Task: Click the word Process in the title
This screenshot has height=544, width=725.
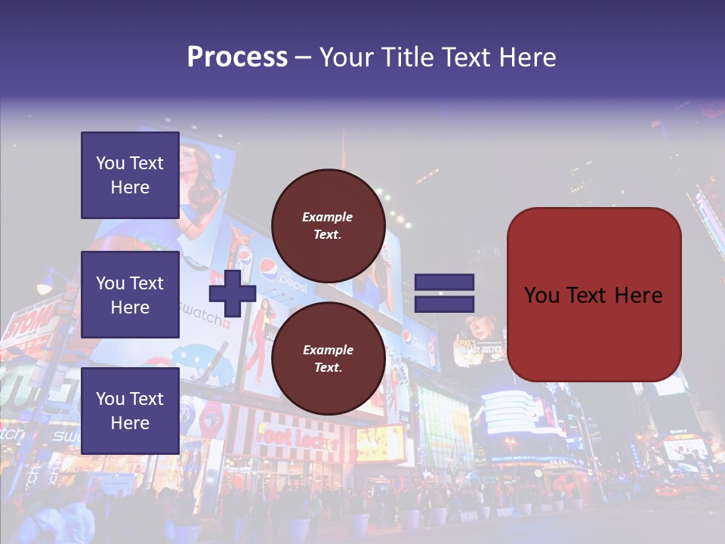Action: click(x=237, y=57)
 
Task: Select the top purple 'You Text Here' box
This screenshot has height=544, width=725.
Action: click(x=130, y=175)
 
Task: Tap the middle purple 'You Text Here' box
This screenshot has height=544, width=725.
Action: click(x=130, y=295)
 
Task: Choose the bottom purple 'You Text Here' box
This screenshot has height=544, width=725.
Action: click(x=130, y=410)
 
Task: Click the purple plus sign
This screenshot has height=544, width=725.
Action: click(x=232, y=294)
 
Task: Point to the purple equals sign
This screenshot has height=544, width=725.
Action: click(x=444, y=293)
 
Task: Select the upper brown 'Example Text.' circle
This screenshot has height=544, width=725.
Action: click(x=328, y=226)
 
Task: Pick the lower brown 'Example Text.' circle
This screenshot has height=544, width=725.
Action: click(x=328, y=359)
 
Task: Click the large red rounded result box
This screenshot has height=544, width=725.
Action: click(x=594, y=295)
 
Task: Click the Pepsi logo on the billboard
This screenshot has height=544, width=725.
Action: click(x=270, y=267)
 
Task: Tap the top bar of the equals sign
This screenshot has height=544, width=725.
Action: click(x=444, y=283)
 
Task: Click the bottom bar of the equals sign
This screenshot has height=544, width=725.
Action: click(x=444, y=304)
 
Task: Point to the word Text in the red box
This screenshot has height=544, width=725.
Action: click(x=592, y=295)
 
